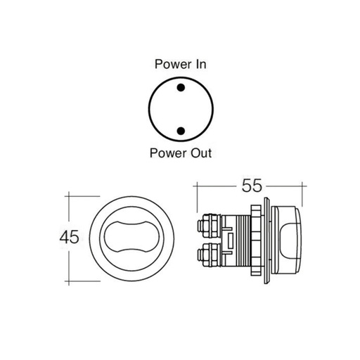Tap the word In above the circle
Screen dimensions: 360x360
pos(200,65)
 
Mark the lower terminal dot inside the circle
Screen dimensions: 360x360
pos(181,130)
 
